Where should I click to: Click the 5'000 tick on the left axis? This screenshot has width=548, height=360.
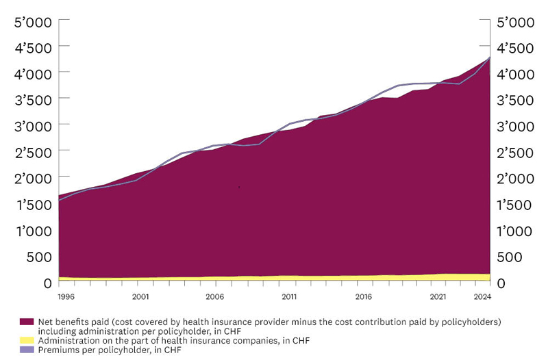click(32, 22)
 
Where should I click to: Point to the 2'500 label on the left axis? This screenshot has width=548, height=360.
click(32, 152)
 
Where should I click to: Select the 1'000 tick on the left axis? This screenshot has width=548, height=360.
click(32, 230)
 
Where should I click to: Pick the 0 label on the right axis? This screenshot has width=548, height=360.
click(501, 282)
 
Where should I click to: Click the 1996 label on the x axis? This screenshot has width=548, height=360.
click(66, 297)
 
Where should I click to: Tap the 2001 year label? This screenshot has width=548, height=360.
click(140, 297)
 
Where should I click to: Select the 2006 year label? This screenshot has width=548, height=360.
click(214, 297)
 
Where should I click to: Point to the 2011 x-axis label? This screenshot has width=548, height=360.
click(288, 297)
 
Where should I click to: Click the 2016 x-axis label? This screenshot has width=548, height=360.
click(363, 297)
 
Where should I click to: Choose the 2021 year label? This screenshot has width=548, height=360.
click(438, 297)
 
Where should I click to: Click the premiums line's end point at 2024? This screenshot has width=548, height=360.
click(489, 57)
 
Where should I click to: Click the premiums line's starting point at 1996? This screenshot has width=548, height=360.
click(60, 201)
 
